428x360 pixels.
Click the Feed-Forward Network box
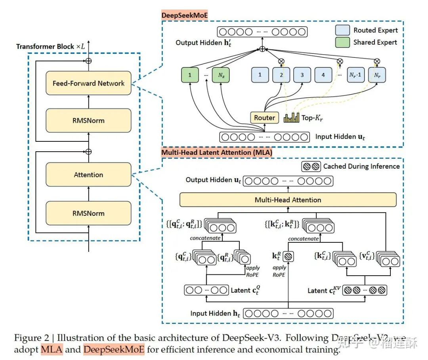pos(88,83)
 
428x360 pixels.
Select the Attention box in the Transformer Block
pos(88,175)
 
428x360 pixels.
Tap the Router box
pos(264,118)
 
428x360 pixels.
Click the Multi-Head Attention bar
pos(288,200)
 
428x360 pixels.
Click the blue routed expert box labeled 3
pos(302,74)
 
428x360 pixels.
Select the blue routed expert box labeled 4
pos(323,74)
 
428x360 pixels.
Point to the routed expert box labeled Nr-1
pos(356,74)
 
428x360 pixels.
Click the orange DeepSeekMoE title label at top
pos(185,16)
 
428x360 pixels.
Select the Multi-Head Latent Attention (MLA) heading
pos(216,152)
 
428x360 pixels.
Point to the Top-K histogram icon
pos(292,117)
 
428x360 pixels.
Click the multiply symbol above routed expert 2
pos(281,61)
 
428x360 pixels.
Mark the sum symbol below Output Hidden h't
pos(262,49)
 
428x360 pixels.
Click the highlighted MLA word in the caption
pos(52,350)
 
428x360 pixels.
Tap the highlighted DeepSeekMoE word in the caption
pos(114,350)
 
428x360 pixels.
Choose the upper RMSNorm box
pos(88,120)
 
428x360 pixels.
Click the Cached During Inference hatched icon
pos(311,166)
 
